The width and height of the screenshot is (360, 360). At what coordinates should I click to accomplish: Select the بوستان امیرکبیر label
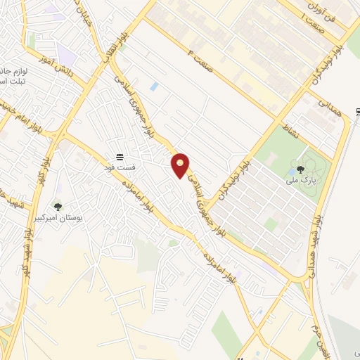[58, 219]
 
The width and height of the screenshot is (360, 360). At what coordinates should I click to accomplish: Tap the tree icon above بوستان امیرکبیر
[58, 207]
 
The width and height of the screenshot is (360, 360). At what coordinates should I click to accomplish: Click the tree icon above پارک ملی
[301, 169]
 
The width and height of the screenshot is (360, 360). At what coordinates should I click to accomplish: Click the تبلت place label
[10, 82]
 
